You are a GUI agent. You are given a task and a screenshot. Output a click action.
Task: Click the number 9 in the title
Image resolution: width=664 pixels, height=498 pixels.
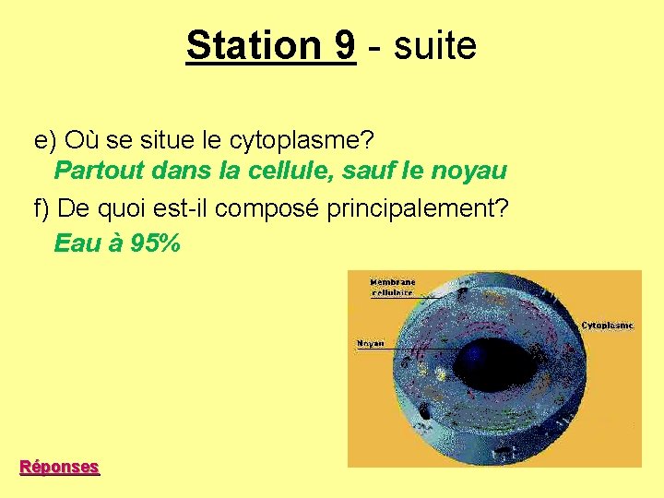click(x=341, y=44)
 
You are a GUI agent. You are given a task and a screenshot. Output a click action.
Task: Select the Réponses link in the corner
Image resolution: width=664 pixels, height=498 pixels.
click(x=60, y=467)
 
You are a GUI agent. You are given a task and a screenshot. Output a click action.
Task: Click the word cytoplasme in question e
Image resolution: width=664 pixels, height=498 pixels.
click(x=301, y=141)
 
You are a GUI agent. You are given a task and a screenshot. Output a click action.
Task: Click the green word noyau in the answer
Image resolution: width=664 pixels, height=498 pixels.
click(x=472, y=171)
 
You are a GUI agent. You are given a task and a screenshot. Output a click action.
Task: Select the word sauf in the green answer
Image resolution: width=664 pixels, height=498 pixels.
click(x=373, y=171)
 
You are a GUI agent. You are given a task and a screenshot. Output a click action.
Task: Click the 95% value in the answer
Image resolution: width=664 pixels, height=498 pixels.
click(x=156, y=244)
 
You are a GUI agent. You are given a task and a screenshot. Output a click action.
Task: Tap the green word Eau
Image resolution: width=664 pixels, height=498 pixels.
click(x=75, y=244)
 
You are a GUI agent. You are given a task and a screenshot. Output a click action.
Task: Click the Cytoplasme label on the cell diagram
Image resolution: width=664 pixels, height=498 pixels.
click(x=608, y=326)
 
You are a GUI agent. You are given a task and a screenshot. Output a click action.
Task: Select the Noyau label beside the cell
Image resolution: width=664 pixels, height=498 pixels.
click(x=370, y=344)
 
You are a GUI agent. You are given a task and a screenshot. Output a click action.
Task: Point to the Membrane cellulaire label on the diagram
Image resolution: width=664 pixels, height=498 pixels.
click(x=393, y=288)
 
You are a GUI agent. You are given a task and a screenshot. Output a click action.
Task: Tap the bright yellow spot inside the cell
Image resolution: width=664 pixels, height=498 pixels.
click(x=441, y=374)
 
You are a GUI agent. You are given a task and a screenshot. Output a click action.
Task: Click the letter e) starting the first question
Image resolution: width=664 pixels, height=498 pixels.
click(x=45, y=141)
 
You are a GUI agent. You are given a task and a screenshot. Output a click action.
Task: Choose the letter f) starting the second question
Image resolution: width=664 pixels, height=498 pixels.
click(x=42, y=208)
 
